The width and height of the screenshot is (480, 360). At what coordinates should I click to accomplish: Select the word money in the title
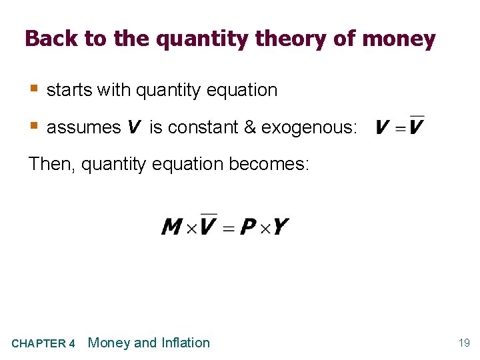[399, 39]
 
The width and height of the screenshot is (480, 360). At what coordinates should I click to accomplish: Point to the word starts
[69, 91]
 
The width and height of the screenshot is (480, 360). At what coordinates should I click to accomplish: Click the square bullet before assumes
[35, 125]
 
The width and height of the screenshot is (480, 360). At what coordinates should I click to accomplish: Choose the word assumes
[84, 127]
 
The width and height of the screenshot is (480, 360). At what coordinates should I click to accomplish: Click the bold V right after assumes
[133, 127]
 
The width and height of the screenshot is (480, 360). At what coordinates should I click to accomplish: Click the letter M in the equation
[172, 227]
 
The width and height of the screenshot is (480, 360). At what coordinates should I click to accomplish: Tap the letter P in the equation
[248, 227]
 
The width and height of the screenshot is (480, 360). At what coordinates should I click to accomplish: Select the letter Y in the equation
[281, 227]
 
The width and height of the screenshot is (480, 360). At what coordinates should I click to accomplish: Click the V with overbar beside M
[208, 226]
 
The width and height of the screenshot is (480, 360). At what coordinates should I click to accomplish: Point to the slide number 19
[463, 343]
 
